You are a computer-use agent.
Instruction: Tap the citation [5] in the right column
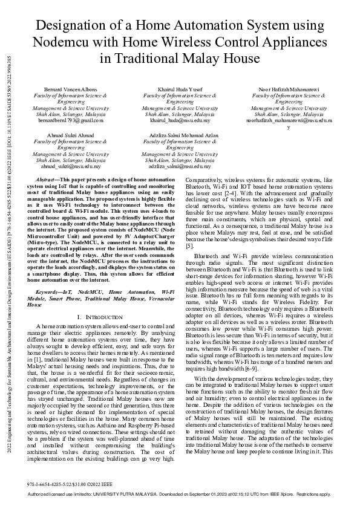[x=189, y=246]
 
